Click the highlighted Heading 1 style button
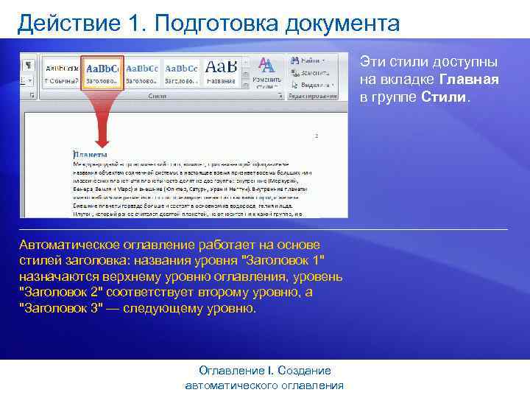pos(102,71)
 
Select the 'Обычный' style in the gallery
pos(62,71)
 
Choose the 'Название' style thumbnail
pos(220,71)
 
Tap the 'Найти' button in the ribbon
pos(308,58)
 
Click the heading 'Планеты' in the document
pos(90,155)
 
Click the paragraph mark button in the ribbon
pos(28,65)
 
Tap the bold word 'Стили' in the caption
pos(444,97)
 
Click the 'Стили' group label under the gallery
pos(157,96)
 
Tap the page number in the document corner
pos(317,136)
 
